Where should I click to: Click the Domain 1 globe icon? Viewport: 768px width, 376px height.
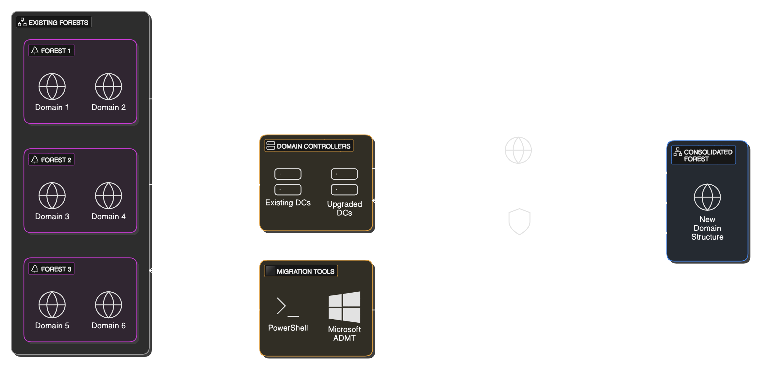52,87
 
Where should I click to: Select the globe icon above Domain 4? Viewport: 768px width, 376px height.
109,196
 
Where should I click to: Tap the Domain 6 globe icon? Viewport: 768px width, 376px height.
109,305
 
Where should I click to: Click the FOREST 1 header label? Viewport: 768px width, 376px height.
52,50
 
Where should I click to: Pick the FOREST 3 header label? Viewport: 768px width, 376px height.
52,269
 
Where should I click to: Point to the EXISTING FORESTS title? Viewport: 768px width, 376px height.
54,23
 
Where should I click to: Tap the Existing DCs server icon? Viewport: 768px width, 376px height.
288,182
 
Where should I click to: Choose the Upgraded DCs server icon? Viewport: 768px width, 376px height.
344,182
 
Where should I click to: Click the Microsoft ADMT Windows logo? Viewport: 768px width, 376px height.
344,307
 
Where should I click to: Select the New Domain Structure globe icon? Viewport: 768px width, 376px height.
707,197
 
